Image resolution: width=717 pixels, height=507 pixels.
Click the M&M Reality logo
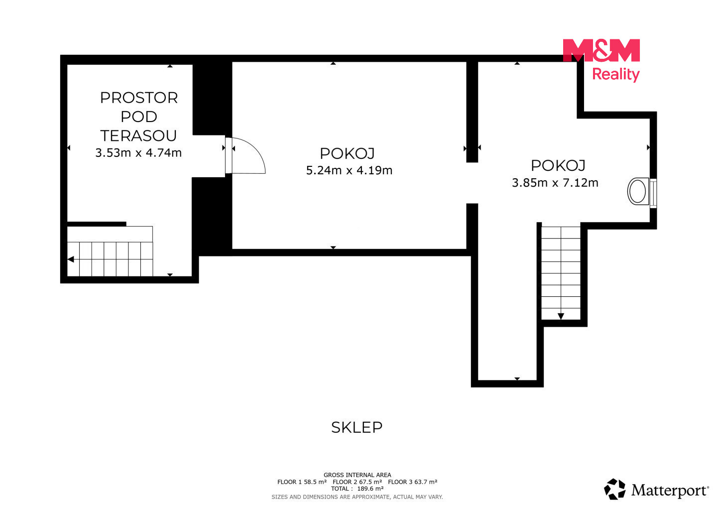pyautogui.click(x=601, y=60)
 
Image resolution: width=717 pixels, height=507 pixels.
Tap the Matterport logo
pyautogui.click(x=656, y=490)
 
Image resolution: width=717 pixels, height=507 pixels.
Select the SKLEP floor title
pyautogui.click(x=357, y=428)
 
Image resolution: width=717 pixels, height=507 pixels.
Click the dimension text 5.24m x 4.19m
pyautogui.click(x=349, y=170)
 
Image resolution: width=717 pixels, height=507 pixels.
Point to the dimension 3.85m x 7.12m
pyautogui.click(x=555, y=183)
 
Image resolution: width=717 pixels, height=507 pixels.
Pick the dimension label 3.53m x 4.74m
pyautogui.click(x=138, y=153)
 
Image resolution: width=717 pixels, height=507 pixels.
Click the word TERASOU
pyautogui.click(x=138, y=135)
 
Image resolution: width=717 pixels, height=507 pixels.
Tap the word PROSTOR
pyautogui.click(x=139, y=98)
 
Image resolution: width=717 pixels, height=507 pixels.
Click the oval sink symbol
pyautogui.click(x=638, y=191)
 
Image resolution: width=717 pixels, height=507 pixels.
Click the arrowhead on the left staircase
pyautogui.click(x=71, y=259)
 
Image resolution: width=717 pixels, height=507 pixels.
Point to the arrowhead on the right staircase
pyautogui.click(x=561, y=316)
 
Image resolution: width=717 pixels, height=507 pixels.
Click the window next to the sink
pyautogui.click(x=653, y=193)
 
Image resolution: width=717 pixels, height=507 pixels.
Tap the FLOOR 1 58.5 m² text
pyautogui.click(x=302, y=482)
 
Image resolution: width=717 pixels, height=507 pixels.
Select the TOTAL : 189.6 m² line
pyautogui.click(x=357, y=489)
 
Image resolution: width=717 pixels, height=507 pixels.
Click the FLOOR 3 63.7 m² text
pyautogui.click(x=413, y=482)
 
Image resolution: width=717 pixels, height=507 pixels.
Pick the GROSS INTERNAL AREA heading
pyautogui.click(x=357, y=475)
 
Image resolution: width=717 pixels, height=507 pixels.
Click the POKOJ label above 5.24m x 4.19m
pyautogui.click(x=348, y=153)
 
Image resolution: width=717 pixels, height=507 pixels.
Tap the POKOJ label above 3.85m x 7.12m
pyautogui.click(x=558, y=165)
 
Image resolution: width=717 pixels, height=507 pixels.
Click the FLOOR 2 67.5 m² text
pyautogui.click(x=357, y=482)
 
